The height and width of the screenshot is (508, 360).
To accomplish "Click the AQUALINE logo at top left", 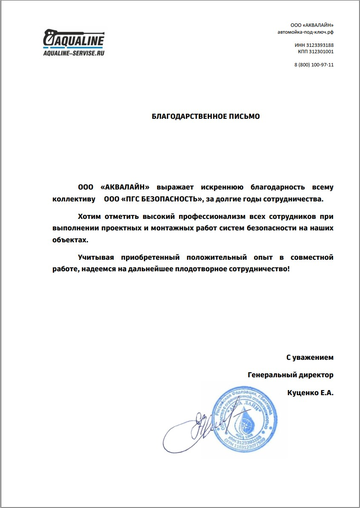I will [x=74, y=39].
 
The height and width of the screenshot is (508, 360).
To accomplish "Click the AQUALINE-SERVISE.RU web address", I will [x=74, y=53].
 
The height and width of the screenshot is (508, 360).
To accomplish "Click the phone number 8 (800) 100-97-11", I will [x=314, y=65].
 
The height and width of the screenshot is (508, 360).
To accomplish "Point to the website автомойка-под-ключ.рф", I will [x=305, y=32].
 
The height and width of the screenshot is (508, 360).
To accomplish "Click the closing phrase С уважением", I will [x=309, y=358].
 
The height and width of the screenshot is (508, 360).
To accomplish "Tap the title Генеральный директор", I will [x=290, y=375].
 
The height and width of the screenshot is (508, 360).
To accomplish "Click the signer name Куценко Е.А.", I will [x=310, y=393].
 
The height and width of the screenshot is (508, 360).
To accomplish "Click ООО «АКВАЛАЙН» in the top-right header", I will [x=312, y=26].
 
